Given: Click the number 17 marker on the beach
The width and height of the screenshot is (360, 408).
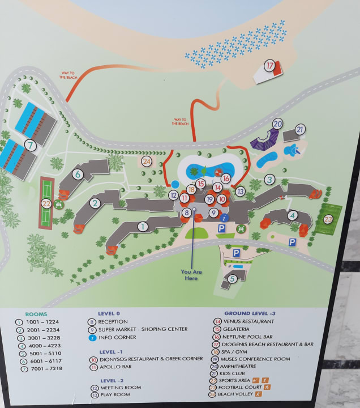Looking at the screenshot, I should pos(270,66).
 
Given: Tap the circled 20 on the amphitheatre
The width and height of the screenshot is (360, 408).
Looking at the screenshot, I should pos(277,124).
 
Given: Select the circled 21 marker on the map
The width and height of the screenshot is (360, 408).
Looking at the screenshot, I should pos(300,129).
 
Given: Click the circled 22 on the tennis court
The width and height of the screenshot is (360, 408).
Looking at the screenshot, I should pos(46,202).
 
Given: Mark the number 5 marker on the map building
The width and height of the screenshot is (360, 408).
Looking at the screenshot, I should pos(232,279).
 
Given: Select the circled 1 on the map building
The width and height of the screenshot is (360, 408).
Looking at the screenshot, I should pos(143,227).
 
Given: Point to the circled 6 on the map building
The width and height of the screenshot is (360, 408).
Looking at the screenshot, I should pos(77,175).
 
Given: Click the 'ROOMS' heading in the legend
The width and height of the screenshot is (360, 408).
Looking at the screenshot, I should pos(36,313).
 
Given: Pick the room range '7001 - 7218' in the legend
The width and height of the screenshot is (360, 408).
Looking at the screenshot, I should pos(48,368).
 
